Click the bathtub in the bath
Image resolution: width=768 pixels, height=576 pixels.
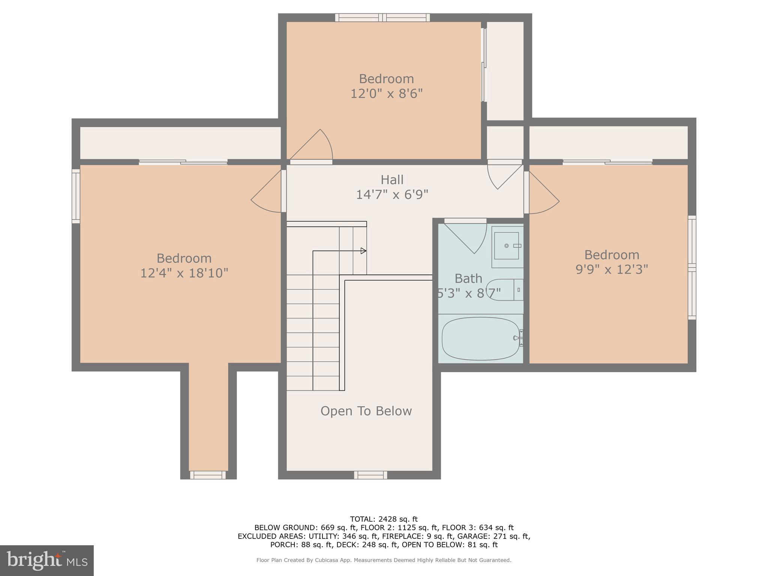[481, 339]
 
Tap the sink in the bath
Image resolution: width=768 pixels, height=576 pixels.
[506, 246]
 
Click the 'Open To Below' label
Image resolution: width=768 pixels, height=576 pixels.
[366, 411]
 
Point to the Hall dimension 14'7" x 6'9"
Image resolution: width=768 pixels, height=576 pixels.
[392, 195]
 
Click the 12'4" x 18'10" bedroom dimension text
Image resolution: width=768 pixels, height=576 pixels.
[184, 273]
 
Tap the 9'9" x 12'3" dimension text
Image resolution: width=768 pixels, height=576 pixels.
[612, 269]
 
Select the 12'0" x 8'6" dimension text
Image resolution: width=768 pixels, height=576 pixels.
[386, 93]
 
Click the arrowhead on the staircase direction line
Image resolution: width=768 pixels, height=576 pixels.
[363, 251]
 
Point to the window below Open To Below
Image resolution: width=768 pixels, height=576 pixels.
[370, 475]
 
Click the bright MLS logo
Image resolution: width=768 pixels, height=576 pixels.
[46, 561]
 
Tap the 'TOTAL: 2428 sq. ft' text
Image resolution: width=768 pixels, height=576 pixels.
[384, 519]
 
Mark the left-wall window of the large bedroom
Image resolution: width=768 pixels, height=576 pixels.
[76, 196]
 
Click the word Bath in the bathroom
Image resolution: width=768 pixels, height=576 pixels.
[468, 278]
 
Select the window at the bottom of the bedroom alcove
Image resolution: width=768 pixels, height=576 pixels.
[208, 475]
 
